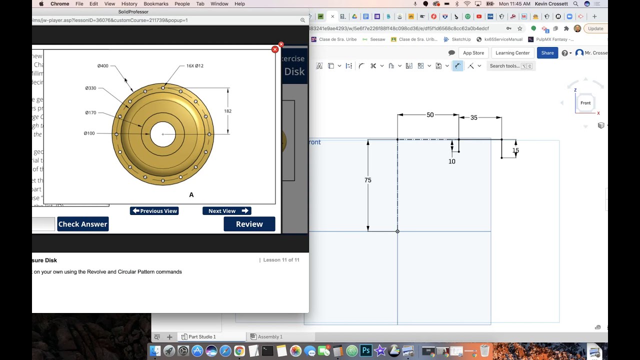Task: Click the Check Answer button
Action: click(82, 224)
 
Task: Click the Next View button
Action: click(226, 211)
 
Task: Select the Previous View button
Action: click(154, 211)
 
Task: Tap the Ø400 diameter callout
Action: click(103, 66)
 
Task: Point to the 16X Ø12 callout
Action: click(194, 66)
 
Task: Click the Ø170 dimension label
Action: click(90, 113)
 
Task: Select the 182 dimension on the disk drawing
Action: click(228, 111)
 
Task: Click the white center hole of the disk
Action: click(163, 134)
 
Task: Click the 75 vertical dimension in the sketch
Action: click(368, 180)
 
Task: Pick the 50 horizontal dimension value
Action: click(430, 115)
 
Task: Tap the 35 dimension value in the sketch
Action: click(474, 117)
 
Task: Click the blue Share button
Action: click(547, 53)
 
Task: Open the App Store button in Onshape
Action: click(473, 53)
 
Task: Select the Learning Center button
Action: click(512, 53)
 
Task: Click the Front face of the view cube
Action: click(585, 103)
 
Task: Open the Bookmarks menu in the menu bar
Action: click(156, 4)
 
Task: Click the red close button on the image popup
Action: click(274, 49)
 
